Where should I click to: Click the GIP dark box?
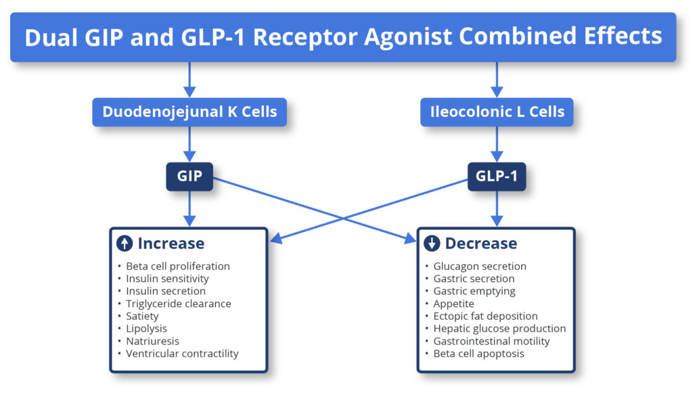189,177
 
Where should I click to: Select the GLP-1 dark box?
497,177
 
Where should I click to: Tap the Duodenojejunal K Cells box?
189,112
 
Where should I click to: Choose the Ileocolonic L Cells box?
497,112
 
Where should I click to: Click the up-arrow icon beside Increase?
125,243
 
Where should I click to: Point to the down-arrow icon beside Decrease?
432,243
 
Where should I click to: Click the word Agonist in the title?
407,37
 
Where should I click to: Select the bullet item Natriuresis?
152,341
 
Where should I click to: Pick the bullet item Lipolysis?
146,329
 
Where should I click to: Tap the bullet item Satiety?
142,316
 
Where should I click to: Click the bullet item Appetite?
453,304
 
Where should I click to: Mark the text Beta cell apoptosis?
478,354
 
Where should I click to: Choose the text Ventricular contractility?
182,354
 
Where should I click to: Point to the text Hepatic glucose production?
499,329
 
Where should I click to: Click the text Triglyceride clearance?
178,304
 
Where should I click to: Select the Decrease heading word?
481,243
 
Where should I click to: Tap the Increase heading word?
171,243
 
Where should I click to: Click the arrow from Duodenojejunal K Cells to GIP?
189,144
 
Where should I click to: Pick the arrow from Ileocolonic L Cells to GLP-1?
497,144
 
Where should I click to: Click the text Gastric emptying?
474,291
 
